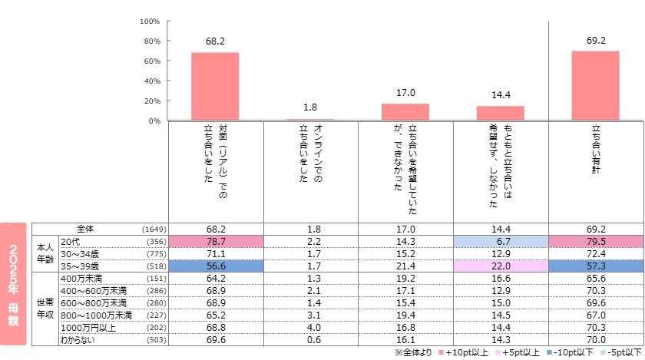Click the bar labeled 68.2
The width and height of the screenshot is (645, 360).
tap(215, 86)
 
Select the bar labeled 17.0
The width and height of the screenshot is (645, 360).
tap(405, 112)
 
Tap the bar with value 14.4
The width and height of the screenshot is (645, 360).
tap(500, 113)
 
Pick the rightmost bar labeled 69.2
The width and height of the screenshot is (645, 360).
tap(595, 85)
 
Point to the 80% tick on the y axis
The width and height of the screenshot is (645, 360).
tap(151, 41)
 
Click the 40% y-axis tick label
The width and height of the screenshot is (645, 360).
tap(151, 81)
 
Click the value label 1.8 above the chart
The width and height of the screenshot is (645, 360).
tap(310, 107)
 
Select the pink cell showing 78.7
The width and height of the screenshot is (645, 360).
tap(215, 240)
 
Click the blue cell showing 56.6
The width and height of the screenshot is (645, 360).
tap(215, 266)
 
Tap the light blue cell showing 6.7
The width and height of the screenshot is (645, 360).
tap(500, 240)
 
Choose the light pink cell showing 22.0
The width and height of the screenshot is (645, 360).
tap(500, 266)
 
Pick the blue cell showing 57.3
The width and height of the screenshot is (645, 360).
tap(595, 266)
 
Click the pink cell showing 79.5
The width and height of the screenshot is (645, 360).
tap(595, 240)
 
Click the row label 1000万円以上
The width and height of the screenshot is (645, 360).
tap(89, 326)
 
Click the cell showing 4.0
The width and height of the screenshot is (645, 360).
tap(310, 326)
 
